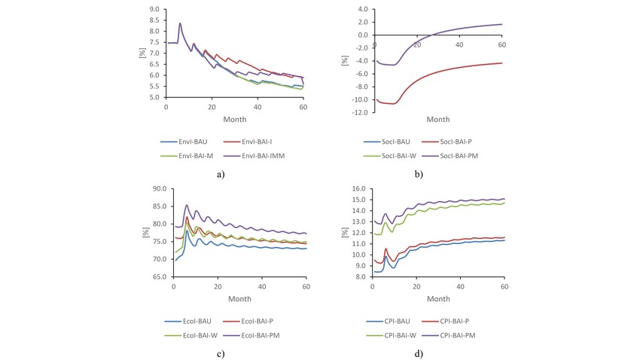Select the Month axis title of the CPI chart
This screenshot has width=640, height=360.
(x=438, y=298)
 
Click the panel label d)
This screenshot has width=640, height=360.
(x=419, y=353)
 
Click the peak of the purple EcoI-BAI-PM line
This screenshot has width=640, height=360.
(x=187, y=205)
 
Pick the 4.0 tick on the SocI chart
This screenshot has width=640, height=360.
(x=362, y=10)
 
